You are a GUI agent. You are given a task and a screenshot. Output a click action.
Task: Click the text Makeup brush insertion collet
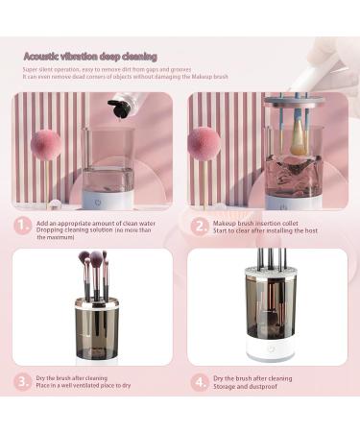point(254,221)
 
